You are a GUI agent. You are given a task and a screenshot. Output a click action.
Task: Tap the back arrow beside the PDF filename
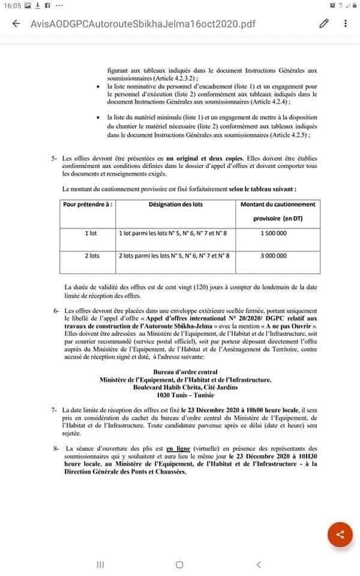pyautogui.click(x=16, y=24)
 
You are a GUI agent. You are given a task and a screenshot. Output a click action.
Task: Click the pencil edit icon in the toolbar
pyautogui.click(x=325, y=24)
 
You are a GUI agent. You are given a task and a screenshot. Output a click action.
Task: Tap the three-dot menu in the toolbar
pyautogui.click(x=346, y=24)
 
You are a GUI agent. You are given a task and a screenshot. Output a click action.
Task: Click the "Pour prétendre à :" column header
pyautogui.click(x=88, y=205)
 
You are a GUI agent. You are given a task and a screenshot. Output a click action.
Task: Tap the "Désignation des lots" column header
pyautogui.click(x=176, y=205)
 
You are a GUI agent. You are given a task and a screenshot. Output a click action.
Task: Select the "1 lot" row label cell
pyautogui.click(x=91, y=233)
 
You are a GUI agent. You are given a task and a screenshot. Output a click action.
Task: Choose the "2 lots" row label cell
pyautogui.click(x=91, y=256)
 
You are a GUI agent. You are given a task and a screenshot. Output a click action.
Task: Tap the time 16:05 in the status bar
pyautogui.click(x=11, y=5)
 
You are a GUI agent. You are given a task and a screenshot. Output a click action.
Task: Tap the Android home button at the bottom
pyautogui.click(x=179, y=565)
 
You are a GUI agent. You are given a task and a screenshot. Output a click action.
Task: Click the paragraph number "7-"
pyautogui.click(x=55, y=409)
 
